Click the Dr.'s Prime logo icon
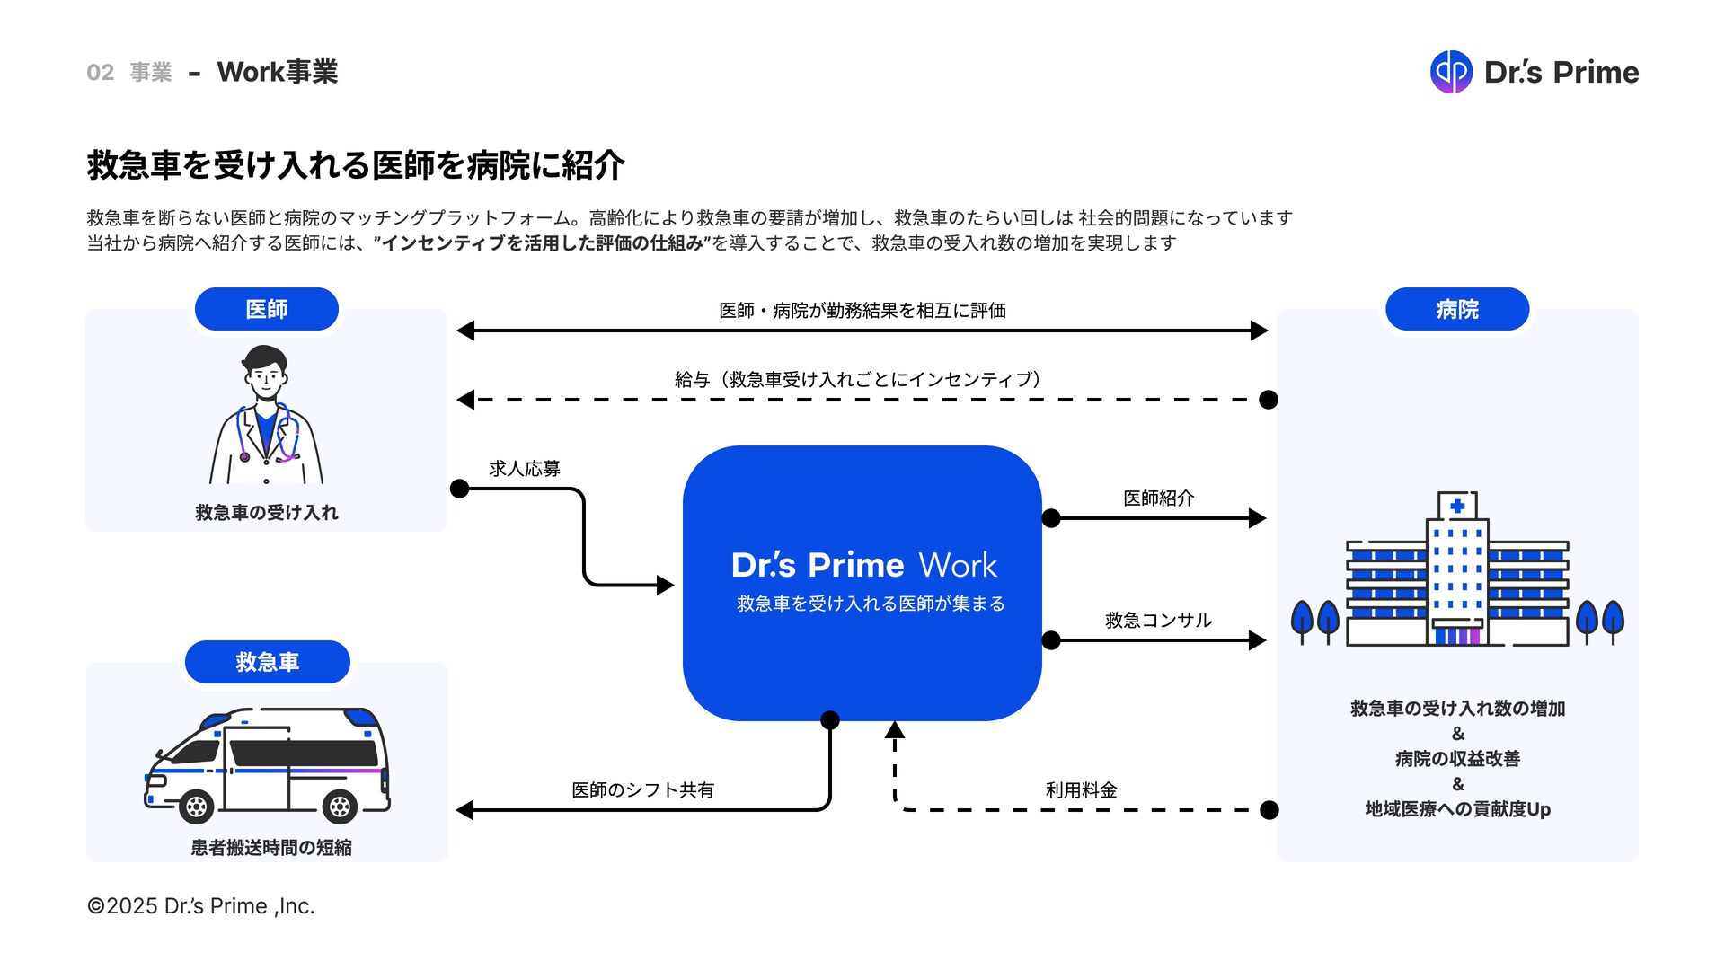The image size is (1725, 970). [x=1451, y=72]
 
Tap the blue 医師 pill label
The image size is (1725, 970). [x=267, y=309]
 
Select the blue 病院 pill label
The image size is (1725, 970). [x=1457, y=309]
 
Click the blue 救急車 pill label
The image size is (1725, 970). [x=267, y=662]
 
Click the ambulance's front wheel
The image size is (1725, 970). [x=196, y=807]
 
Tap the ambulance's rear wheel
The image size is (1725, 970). [x=341, y=807]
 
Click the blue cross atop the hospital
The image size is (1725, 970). [x=1457, y=506]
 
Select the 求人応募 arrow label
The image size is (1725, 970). [x=525, y=468]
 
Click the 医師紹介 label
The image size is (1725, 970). [x=1158, y=498]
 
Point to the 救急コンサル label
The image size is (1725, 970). [x=1158, y=620]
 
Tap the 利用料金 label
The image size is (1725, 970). [x=1081, y=789]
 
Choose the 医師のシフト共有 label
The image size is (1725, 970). [x=642, y=789]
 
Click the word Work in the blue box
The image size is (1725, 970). [x=958, y=565]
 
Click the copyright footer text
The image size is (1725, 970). [x=200, y=905]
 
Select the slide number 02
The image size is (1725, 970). [x=100, y=72]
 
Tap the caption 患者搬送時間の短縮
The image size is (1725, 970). [x=271, y=847]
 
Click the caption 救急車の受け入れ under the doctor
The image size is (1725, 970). [x=267, y=512]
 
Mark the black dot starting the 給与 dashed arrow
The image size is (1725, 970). [x=1269, y=400]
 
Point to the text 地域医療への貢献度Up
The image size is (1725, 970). [x=1457, y=808]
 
